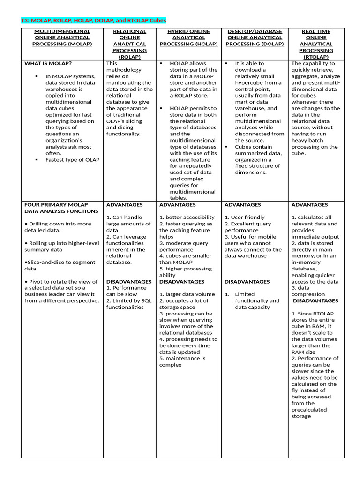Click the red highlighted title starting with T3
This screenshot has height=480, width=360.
point(94,21)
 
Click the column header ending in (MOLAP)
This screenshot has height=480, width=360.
point(62,37)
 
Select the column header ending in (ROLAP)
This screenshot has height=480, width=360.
point(129,44)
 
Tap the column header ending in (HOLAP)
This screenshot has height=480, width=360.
point(188,37)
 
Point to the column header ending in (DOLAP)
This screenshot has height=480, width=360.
point(255,37)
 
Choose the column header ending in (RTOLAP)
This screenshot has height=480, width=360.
point(316,44)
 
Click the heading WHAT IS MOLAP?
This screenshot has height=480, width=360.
point(48,63)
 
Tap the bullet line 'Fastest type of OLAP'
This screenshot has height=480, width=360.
point(72,160)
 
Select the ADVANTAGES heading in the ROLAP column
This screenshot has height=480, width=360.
point(125,205)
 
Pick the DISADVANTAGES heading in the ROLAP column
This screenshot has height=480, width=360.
point(129,282)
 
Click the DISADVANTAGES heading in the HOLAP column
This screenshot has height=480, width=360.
point(182,282)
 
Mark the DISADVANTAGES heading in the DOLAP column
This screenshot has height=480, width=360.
point(247,282)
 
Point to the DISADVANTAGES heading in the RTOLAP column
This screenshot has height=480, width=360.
point(315,301)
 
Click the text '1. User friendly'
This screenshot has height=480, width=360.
point(244,217)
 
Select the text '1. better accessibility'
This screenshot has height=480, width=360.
point(187,217)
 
